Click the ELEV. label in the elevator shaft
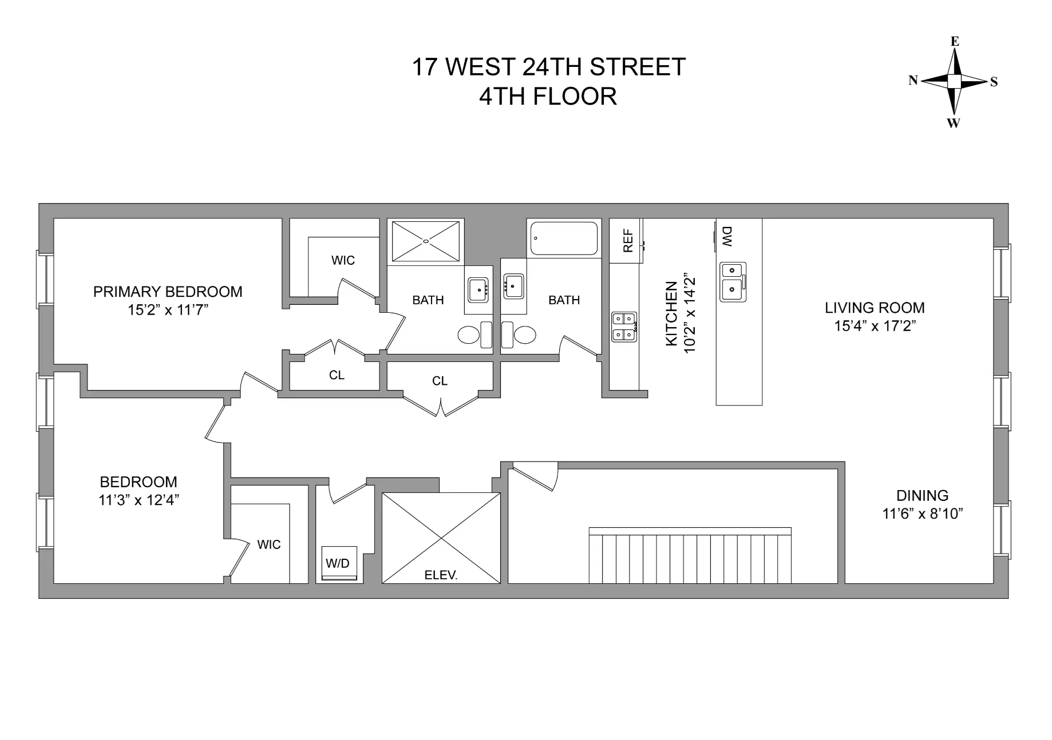click(x=441, y=576)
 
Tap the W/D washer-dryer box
click(x=338, y=564)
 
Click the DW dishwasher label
click(x=727, y=236)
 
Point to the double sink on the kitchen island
click(x=733, y=282)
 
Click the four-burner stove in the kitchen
click(x=624, y=327)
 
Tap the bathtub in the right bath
click(x=564, y=238)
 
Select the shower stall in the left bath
click(x=426, y=241)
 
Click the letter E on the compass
click(x=955, y=41)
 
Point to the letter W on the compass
click(x=954, y=123)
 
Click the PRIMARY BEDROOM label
click(x=168, y=292)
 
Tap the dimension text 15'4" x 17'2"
click(x=874, y=326)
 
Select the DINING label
click(x=922, y=495)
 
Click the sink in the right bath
click(x=514, y=284)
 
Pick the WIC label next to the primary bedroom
click(x=343, y=261)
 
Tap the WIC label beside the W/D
click(x=269, y=544)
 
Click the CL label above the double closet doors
click(x=440, y=381)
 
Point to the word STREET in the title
click(x=638, y=67)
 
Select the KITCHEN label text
click(x=672, y=314)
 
